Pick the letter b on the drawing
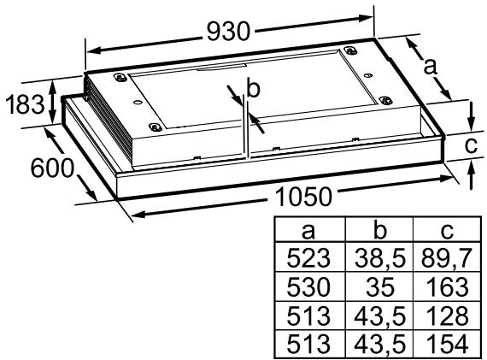click(x=251, y=89)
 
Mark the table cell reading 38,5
click(x=378, y=258)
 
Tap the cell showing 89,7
click(x=445, y=258)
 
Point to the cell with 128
click(x=445, y=315)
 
